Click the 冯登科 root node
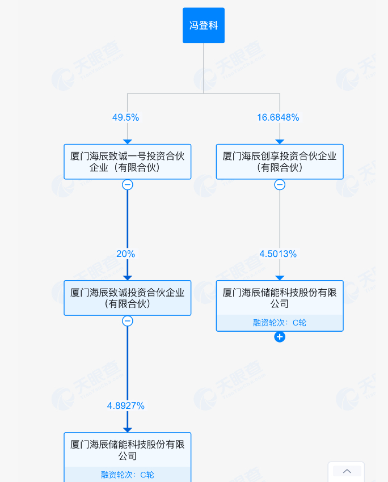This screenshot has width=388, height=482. [204, 26]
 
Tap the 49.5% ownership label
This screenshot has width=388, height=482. [125, 117]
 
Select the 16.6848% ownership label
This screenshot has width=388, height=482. [278, 117]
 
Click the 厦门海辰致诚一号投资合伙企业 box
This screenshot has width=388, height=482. [127, 162]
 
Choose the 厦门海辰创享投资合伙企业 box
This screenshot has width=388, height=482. [280, 162]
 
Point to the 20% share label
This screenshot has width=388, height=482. [126, 254]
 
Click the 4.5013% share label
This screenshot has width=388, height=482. [278, 254]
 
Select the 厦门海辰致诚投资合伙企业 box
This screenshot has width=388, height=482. [127, 298]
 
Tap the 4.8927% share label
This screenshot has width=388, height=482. [126, 405]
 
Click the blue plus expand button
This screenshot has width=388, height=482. [280, 337]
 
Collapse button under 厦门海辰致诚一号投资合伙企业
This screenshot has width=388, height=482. [128, 185]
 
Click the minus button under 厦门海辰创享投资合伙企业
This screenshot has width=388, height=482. [280, 185]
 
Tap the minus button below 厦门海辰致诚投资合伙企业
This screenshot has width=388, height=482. [128, 321]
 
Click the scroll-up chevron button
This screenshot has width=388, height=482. [347, 471]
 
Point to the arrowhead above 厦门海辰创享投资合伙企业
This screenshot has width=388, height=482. [280, 141]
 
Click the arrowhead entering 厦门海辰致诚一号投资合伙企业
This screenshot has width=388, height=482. [128, 141]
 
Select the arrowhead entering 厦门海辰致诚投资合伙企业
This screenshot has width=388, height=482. [128, 277]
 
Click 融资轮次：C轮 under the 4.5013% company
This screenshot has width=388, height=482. [280, 323]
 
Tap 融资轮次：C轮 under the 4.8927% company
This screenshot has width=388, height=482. [127, 475]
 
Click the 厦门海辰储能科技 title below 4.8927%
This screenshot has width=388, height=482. [127, 450]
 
